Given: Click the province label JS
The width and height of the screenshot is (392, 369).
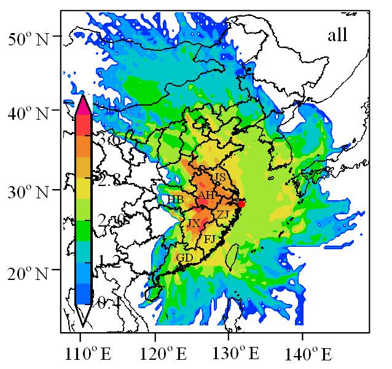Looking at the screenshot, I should (219, 177).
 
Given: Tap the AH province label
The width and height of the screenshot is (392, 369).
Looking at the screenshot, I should (206, 195).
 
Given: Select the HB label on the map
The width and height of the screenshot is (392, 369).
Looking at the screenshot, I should (175, 200).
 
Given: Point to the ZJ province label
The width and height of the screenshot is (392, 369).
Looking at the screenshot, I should (222, 214).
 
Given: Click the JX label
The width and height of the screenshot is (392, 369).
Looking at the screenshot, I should (194, 223).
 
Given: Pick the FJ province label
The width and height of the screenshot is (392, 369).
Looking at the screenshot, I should (210, 239).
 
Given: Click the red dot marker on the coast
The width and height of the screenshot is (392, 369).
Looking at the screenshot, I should (241, 204).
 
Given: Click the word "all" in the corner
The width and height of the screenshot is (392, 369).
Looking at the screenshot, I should (337, 36).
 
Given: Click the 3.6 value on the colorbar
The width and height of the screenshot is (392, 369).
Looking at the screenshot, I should (106, 140).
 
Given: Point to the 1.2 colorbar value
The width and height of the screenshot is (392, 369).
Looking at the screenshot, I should (106, 262).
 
